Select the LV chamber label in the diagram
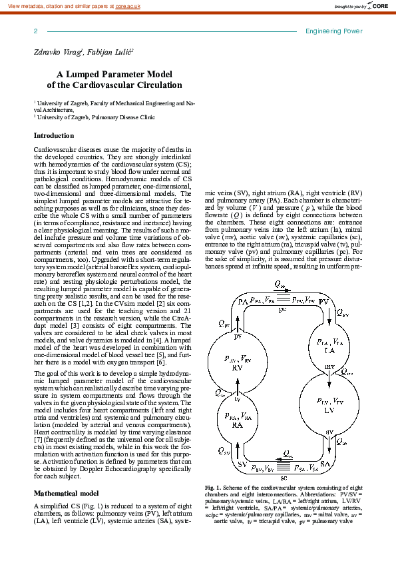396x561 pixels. (x=320, y=410)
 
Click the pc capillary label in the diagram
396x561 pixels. (x=283, y=310)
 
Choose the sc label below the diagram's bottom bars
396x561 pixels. (x=283, y=478)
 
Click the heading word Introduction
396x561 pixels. (x=54, y=136)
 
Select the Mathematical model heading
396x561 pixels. (x=66, y=493)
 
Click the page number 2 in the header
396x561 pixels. (x=35, y=31)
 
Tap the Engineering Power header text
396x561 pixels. (x=333, y=31)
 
